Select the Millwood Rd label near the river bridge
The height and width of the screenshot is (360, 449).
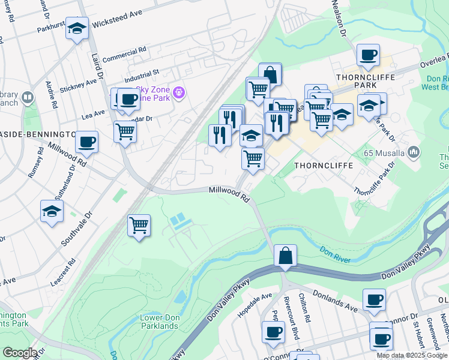[x=229, y=193]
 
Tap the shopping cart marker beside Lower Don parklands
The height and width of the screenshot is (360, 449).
[x=139, y=226]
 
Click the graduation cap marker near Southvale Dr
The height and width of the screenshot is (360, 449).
[x=52, y=212]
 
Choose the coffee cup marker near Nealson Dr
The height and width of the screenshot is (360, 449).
[x=367, y=56]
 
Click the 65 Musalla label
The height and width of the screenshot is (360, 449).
[x=383, y=154]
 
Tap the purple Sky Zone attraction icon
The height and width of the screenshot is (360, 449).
[x=178, y=93]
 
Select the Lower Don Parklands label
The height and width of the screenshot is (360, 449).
[x=159, y=322]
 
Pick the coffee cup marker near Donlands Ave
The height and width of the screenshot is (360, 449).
[x=375, y=299]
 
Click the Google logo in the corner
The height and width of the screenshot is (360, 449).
[x=20, y=353]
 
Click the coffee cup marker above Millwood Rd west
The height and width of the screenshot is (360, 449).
[x=88, y=142]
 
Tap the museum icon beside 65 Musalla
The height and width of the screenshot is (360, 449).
[x=413, y=154]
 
